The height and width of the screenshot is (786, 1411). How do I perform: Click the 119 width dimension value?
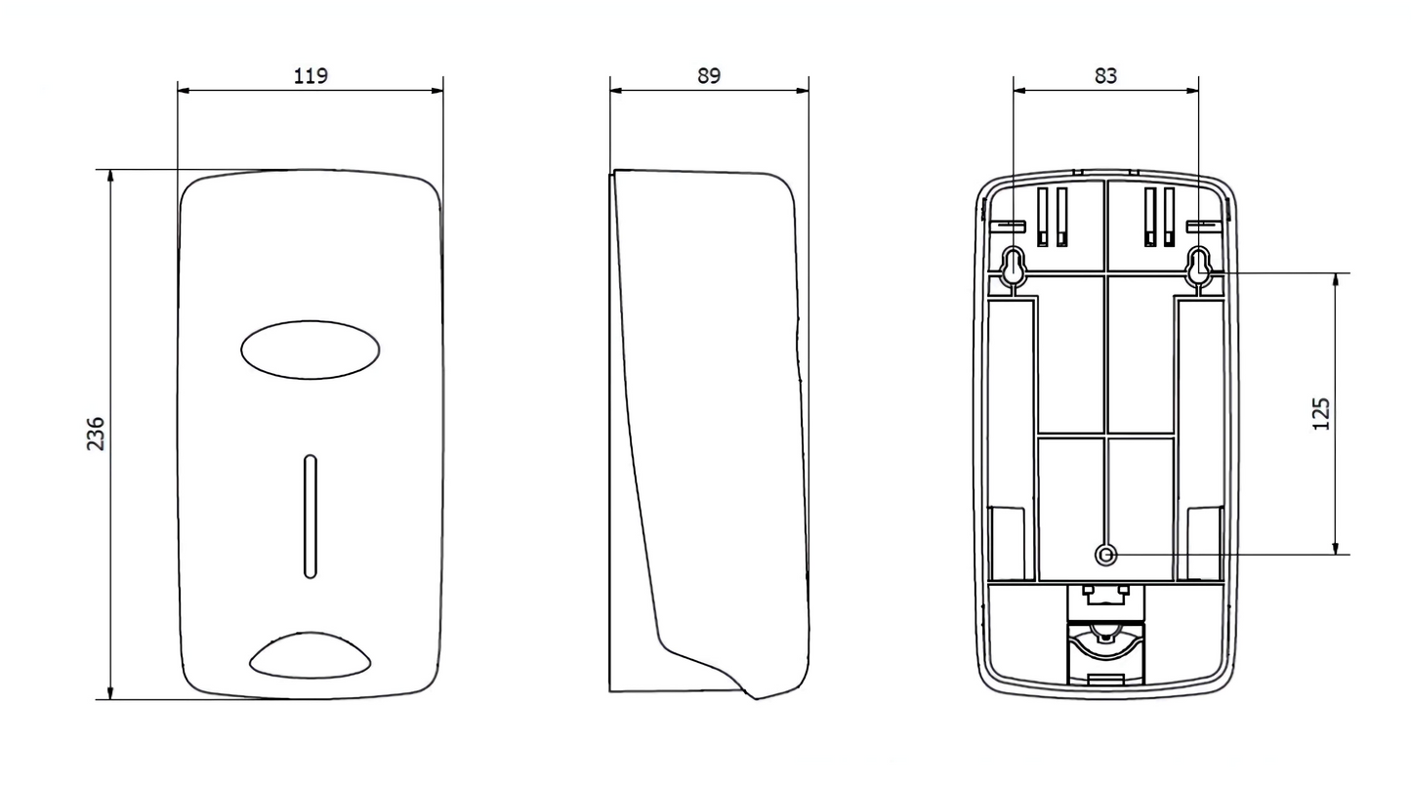click(311, 75)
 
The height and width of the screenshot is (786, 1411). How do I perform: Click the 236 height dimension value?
click(95, 434)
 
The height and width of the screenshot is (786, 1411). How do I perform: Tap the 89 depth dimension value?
click(709, 75)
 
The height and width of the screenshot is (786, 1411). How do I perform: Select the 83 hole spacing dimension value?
click(1105, 75)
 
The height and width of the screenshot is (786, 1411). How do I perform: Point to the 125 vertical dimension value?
click(1321, 414)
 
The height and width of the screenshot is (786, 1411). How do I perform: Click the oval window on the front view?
click(310, 350)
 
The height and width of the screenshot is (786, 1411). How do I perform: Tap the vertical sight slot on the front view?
click(310, 516)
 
